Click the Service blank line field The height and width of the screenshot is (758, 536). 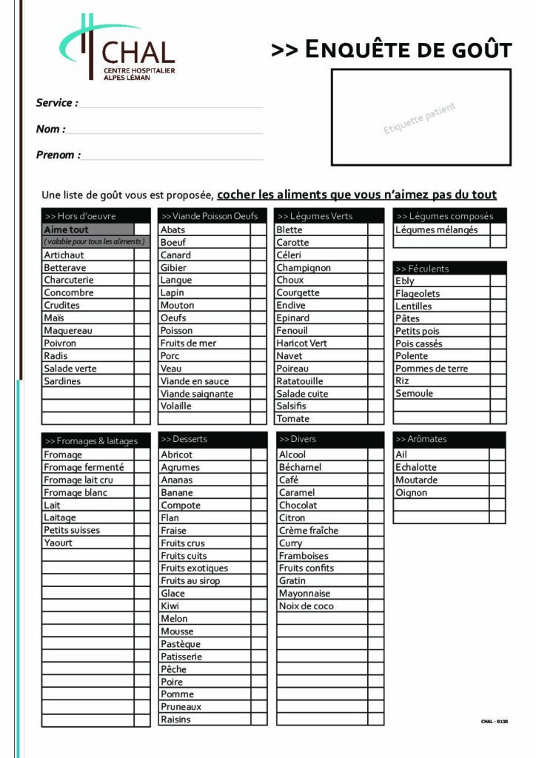[171, 104]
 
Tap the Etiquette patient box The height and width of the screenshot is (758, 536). [421, 117]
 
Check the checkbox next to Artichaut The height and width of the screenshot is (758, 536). [142, 255]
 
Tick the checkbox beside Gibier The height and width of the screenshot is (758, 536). [258, 268]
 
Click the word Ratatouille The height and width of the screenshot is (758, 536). [300, 381]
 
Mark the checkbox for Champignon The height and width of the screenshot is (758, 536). [376, 268]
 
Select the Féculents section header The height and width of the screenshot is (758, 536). [449, 269]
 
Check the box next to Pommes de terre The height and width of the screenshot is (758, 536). [498, 369]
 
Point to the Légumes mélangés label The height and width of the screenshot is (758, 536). [436, 230]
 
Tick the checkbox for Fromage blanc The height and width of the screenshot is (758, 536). [142, 493]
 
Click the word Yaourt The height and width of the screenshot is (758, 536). [58, 543]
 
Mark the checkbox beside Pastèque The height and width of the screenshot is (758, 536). [258, 644]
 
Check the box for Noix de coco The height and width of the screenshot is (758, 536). [376, 606]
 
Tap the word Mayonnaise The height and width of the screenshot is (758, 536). [304, 594]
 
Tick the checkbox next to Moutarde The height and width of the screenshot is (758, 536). [498, 480]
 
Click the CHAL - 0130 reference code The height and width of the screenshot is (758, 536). [495, 722]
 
